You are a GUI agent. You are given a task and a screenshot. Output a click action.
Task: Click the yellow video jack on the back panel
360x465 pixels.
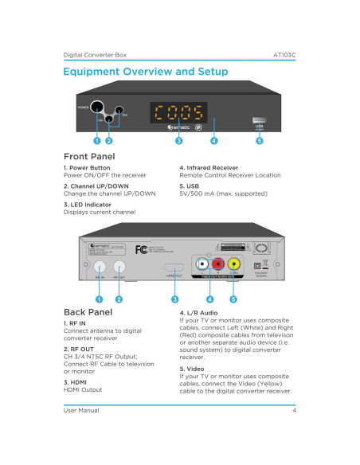point(234,264)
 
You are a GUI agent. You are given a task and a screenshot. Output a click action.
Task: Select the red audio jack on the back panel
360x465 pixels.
point(216,264)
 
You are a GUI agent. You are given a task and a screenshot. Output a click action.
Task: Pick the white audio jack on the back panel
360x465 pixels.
point(202,264)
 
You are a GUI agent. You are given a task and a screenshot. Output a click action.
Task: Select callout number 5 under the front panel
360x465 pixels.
point(260,141)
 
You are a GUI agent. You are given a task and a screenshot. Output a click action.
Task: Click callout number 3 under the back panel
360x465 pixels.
point(174,299)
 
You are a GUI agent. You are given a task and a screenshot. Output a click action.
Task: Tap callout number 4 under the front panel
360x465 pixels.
point(214,141)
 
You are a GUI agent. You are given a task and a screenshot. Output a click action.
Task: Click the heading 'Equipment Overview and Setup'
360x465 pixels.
point(146,72)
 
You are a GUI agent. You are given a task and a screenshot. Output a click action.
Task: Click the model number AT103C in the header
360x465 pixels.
point(284,56)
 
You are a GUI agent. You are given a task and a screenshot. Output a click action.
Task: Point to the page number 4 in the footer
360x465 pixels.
point(294,410)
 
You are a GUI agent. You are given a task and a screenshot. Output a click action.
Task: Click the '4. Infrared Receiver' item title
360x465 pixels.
point(210,168)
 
